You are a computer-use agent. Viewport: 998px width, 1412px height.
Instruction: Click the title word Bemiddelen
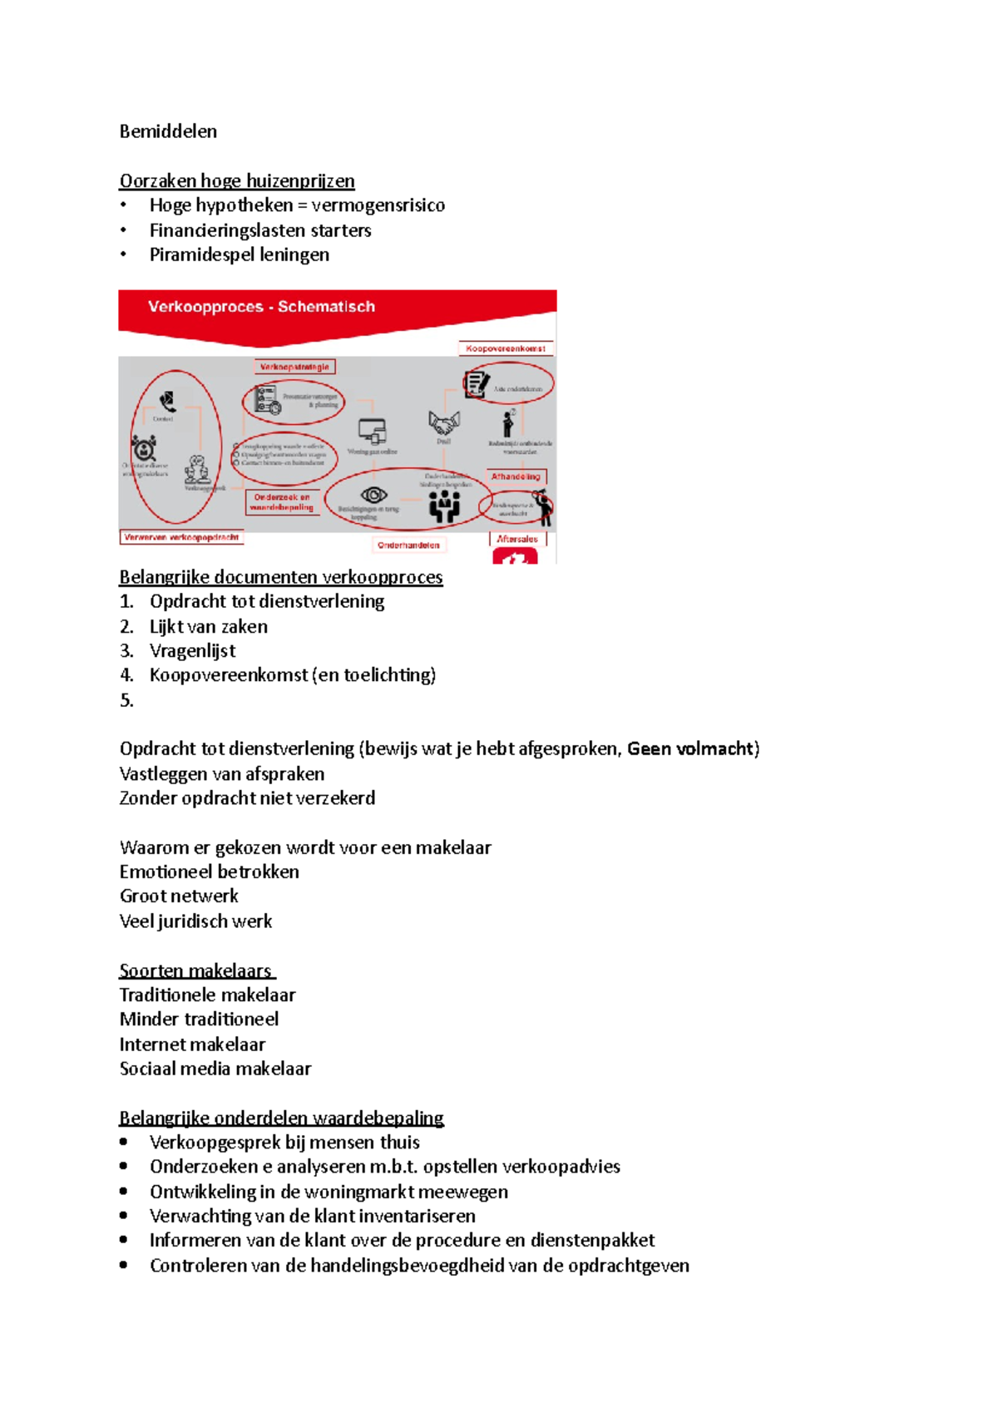tap(168, 131)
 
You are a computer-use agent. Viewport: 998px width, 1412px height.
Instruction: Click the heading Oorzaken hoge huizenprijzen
tap(237, 180)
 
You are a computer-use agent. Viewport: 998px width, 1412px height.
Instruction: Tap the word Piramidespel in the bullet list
tap(197, 254)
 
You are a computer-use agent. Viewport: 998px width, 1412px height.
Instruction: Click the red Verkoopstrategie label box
tap(294, 367)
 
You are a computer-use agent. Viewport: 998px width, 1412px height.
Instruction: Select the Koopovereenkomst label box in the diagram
tap(506, 348)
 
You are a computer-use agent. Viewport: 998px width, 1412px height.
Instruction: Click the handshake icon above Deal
tap(444, 423)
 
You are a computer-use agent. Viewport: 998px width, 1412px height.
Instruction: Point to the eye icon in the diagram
tap(373, 495)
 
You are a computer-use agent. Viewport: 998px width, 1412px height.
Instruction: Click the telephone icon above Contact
tap(168, 402)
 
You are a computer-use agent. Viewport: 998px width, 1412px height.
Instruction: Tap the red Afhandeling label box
tap(516, 476)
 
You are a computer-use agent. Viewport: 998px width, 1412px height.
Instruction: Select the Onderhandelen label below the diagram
tap(408, 546)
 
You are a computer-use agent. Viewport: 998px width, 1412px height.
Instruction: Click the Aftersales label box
tap(517, 539)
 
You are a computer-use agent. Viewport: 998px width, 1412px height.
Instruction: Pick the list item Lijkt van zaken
tap(208, 626)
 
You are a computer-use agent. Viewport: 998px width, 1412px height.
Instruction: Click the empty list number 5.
tap(126, 700)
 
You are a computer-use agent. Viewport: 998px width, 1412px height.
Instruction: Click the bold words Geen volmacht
tap(690, 748)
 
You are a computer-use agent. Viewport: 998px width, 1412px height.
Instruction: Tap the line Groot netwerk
tap(179, 896)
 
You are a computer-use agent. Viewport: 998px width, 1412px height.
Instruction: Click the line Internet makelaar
tap(192, 1044)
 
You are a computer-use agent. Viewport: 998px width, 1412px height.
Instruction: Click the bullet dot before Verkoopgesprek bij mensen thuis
tap(124, 1142)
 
